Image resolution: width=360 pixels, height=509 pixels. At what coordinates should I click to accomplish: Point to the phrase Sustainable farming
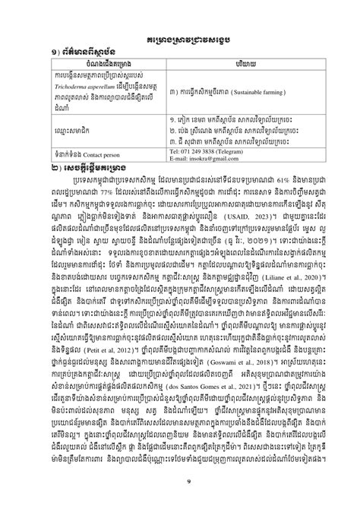point(266,98)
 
